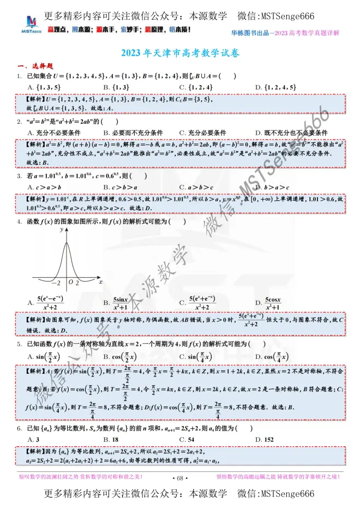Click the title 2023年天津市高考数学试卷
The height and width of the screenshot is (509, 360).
[x=179, y=54]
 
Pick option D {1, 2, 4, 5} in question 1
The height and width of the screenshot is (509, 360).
[x=279, y=86]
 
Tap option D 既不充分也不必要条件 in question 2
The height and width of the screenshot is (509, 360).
[x=292, y=133]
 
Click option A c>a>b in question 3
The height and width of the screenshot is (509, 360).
[x=42, y=187]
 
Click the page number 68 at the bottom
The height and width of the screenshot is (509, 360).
[x=179, y=478]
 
